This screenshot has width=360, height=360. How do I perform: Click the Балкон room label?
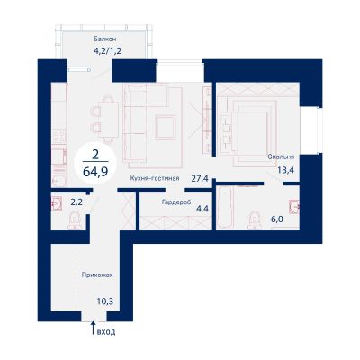point(104,39)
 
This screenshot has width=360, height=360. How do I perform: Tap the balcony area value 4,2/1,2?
point(107,50)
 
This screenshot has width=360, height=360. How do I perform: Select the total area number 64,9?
point(96,172)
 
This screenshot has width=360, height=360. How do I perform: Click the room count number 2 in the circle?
point(96,155)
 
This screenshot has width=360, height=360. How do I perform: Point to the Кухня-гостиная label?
point(155,178)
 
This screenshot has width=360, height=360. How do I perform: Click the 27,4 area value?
point(200,179)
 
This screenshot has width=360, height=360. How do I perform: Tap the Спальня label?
point(281,157)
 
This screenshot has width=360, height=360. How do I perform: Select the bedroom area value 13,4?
point(286,170)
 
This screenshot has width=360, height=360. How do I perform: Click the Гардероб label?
point(176,202)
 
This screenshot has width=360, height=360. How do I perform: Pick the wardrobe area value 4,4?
point(202,208)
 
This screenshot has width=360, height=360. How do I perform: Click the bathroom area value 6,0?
point(277,220)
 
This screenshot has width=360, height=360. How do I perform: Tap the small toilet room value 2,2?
point(76,202)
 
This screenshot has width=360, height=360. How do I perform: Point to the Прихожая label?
point(97,274)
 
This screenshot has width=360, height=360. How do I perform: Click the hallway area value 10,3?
point(105,301)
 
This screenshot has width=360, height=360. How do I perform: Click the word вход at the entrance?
point(106,332)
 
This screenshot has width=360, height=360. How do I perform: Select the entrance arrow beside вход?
point(93,328)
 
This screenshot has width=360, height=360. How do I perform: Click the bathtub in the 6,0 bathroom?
point(225,209)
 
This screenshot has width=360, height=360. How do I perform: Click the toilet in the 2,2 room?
point(75,220)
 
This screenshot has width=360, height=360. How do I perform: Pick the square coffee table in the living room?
point(165,128)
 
